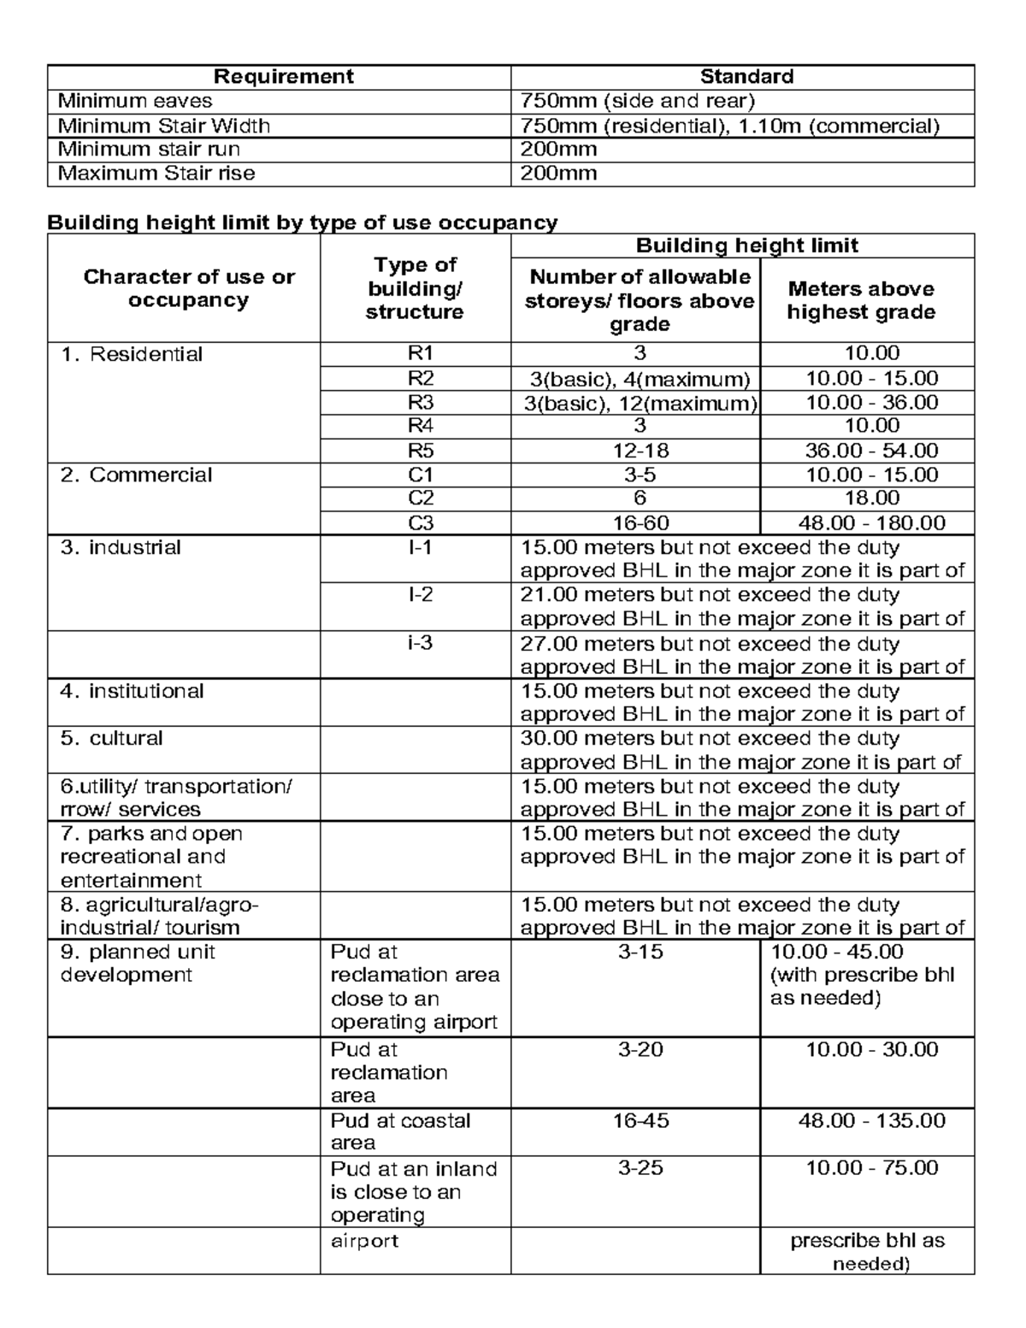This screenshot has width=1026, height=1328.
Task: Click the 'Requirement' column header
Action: [x=283, y=77]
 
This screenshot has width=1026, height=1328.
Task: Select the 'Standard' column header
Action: [x=746, y=77]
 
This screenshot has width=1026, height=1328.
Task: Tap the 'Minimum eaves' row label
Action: [x=135, y=101]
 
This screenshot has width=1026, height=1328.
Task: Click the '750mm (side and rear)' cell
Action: [x=638, y=101]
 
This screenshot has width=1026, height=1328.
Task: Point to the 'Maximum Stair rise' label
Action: [x=156, y=174]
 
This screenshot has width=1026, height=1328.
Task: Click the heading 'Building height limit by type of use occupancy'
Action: [x=302, y=223]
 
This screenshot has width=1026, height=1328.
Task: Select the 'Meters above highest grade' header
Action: [x=861, y=300]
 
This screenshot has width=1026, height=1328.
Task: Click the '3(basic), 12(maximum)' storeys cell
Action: [x=640, y=403]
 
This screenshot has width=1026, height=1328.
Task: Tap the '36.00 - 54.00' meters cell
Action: [x=871, y=451]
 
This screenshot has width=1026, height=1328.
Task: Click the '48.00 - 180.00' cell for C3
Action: [x=871, y=523]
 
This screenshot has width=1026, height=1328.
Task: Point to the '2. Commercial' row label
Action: [x=136, y=475]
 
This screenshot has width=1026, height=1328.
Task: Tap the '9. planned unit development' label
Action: [x=137, y=964]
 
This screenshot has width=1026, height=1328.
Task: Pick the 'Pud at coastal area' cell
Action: [x=400, y=1131]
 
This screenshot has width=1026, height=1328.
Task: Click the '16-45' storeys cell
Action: [x=640, y=1120]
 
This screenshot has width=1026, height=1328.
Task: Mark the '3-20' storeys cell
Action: [x=640, y=1049]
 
